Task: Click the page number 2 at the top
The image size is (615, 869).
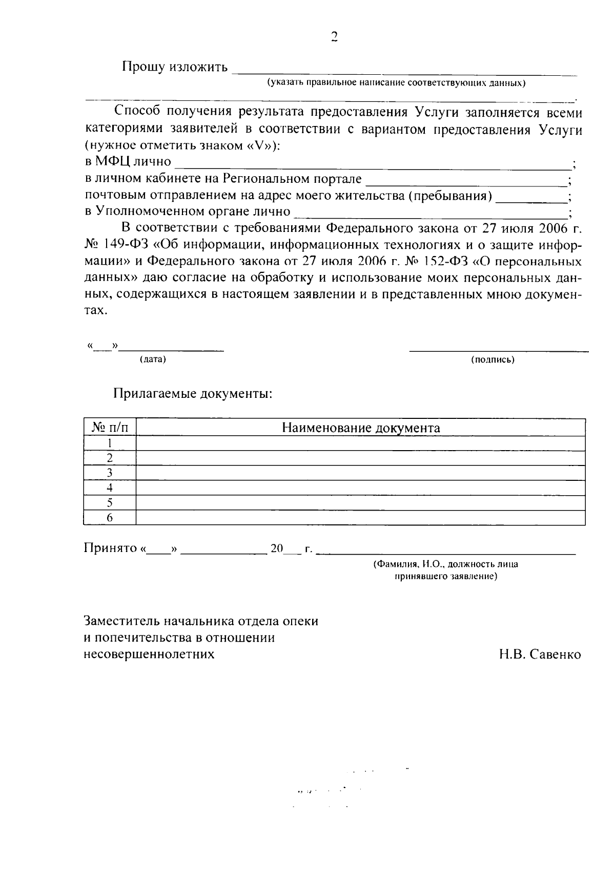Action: click(334, 36)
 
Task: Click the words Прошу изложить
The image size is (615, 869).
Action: click(174, 67)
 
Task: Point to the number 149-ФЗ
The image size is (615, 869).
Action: click(126, 245)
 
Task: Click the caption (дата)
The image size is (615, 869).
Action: click(153, 359)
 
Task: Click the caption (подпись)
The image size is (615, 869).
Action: click(493, 359)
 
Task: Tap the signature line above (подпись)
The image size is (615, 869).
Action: click(498, 350)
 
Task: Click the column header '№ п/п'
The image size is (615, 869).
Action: click(109, 428)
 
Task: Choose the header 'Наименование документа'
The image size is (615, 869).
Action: click(361, 428)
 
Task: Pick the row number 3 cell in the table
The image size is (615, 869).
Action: click(109, 473)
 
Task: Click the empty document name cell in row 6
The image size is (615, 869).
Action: click(360, 518)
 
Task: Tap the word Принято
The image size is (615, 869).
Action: click(109, 548)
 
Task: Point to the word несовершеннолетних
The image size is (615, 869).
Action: click(149, 654)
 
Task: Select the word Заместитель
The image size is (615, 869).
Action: click(122, 621)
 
